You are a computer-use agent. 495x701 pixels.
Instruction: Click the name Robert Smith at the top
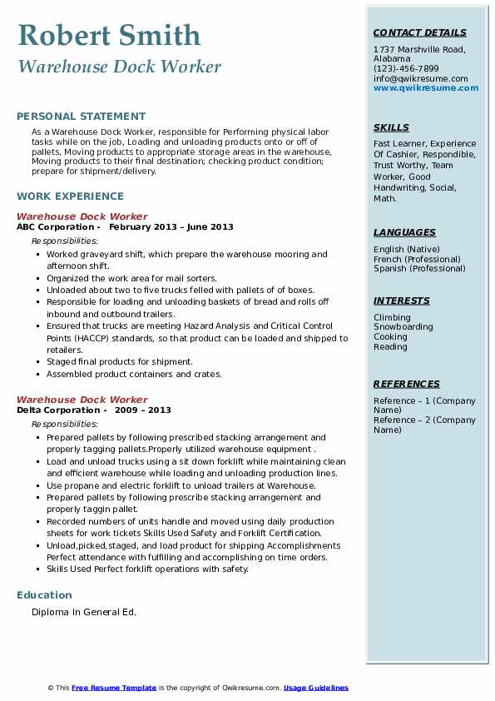click(109, 35)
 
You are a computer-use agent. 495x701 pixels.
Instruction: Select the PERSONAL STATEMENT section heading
click(81, 117)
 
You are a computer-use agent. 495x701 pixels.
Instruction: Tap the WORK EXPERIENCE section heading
click(70, 196)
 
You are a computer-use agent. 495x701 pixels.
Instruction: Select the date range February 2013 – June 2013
click(171, 226)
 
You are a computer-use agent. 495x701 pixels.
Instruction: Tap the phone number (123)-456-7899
click(406, 69)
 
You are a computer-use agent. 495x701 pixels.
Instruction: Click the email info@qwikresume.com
click(420, 78)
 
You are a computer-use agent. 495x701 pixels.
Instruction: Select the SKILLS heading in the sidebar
click(391, 127)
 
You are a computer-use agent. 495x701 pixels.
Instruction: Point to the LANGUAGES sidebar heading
click(404, 232)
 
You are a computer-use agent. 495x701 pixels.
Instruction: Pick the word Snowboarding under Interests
click(403, 327)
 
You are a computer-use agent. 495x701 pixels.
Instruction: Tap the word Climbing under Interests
click(392, 317)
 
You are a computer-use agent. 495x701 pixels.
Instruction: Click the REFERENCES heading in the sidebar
click(407, 384)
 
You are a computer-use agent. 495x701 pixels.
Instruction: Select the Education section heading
click(44, 594)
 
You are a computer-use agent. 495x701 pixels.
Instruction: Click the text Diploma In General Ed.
click(84, 613)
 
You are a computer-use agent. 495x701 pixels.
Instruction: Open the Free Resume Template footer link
click(114, 688)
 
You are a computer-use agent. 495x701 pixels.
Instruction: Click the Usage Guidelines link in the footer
click(316, 688)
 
